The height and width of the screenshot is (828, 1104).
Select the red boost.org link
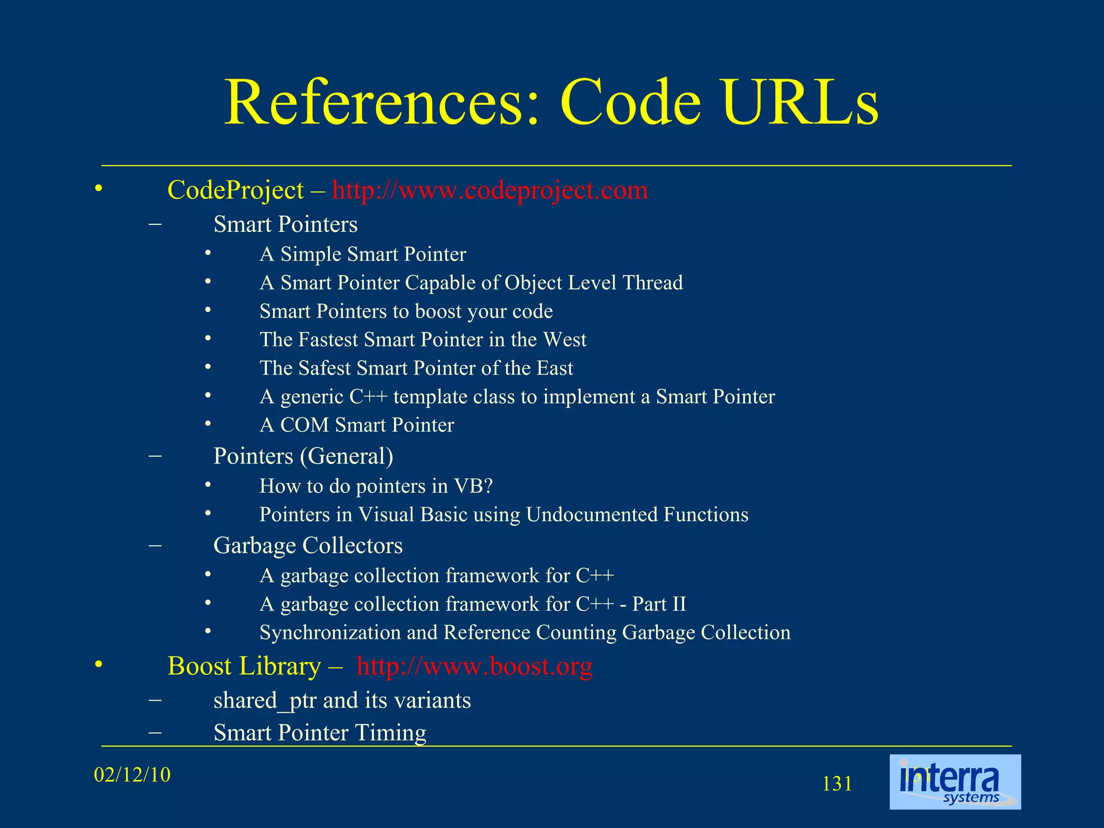(474, 666)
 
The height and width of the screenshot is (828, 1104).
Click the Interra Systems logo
(955, 782)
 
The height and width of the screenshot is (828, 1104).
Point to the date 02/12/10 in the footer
(132, 775)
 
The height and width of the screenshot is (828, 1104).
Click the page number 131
(837, 784)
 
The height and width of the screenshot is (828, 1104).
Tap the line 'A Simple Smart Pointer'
(363, 254)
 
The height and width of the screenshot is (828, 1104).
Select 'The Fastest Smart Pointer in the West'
(423, 340)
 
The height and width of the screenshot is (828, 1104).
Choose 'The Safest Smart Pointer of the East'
(416, 368)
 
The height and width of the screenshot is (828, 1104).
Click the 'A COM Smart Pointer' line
(357, 425)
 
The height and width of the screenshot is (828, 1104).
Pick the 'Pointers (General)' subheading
(303, 456)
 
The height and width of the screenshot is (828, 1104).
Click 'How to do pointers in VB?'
(376, 486)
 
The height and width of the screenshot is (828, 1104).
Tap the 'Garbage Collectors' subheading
(308, 546)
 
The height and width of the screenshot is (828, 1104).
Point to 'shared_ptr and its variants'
(342, 700)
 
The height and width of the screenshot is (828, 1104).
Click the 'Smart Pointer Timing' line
(320, 733)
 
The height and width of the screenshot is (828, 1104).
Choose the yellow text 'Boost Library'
(244, 666)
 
